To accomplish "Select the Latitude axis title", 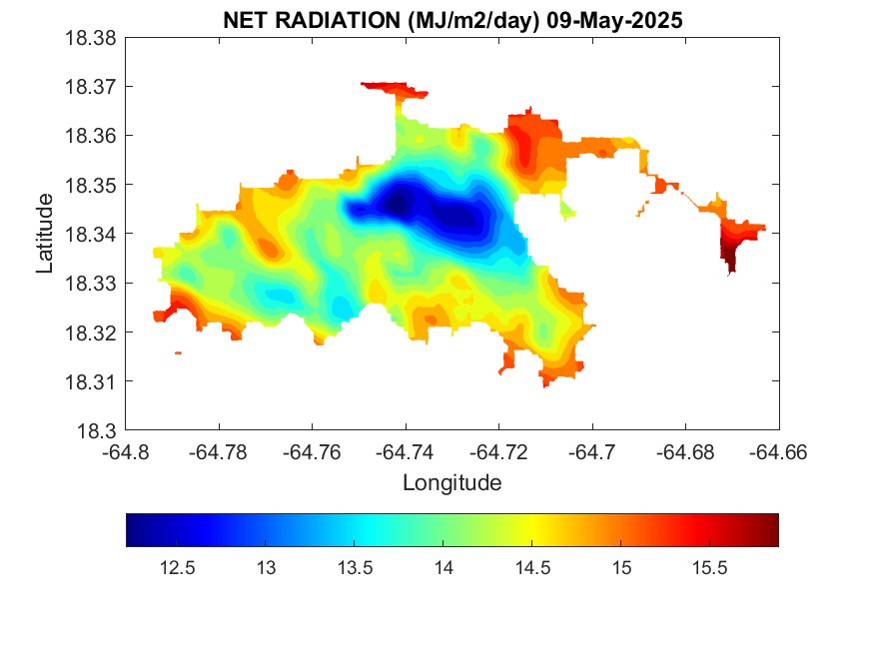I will pos(45,234).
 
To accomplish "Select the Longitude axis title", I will pos(451,483).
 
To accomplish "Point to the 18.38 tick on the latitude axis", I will pos(92,38).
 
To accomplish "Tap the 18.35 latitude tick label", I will pos(92,185).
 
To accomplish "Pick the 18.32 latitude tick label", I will pos(92,332).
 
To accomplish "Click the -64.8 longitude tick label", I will pos(127,451).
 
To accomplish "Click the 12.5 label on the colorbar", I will pos(177,568).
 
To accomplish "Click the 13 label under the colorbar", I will pos(266,568).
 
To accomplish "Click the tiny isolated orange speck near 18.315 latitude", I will pos(178,352).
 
